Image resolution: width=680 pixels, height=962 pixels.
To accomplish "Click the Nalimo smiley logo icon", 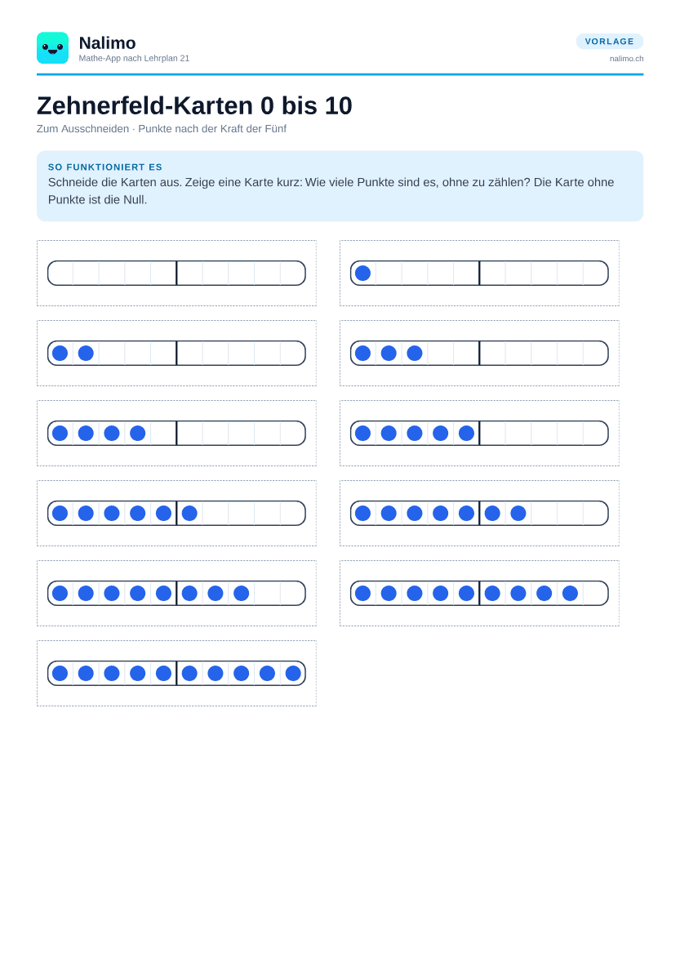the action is pos(52,48).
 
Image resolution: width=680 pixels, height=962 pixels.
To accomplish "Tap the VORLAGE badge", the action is pos(610,41).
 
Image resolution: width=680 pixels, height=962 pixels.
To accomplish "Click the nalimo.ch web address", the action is pos(626,59).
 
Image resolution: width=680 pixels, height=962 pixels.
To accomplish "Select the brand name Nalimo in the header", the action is pos(107,43).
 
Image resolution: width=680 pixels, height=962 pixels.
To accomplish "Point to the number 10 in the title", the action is pos(339,105).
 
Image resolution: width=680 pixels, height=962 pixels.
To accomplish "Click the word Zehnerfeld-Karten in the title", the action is pos(144,105).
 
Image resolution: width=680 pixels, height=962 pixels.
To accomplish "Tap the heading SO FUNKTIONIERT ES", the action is pos(105,167).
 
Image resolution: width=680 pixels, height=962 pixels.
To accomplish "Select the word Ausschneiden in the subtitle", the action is pos(95,129).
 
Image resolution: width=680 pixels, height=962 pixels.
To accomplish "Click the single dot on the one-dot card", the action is pos(363,273).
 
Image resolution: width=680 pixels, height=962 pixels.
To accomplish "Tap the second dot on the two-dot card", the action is pos(86,353).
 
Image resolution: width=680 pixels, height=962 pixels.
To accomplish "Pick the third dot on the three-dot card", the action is pos(415,353).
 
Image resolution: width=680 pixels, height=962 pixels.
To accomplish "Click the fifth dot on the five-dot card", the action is pos(467,433).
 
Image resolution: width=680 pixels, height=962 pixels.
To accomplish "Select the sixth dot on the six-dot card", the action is pos(189,513).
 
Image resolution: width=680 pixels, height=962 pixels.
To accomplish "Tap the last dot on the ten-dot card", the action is pos(293,673).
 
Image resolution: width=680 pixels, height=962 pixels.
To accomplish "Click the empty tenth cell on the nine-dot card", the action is pos(595,593).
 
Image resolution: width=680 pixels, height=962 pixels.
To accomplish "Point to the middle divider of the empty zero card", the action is pos(176,273).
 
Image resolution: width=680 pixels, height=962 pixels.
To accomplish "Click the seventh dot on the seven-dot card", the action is pos(518,513).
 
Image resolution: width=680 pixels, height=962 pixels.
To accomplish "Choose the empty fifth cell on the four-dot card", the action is pos(164,433).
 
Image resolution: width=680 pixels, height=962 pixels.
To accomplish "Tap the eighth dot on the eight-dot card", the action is pos(242,593).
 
